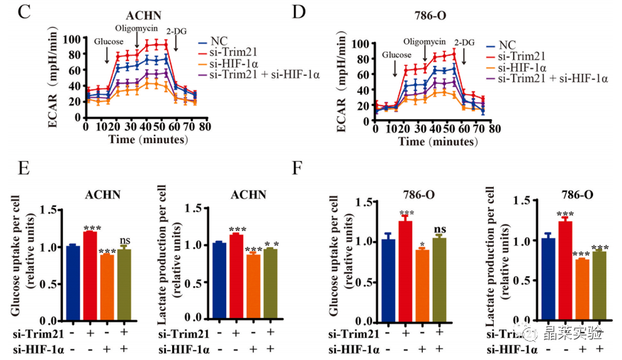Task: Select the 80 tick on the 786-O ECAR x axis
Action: [494, 129]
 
